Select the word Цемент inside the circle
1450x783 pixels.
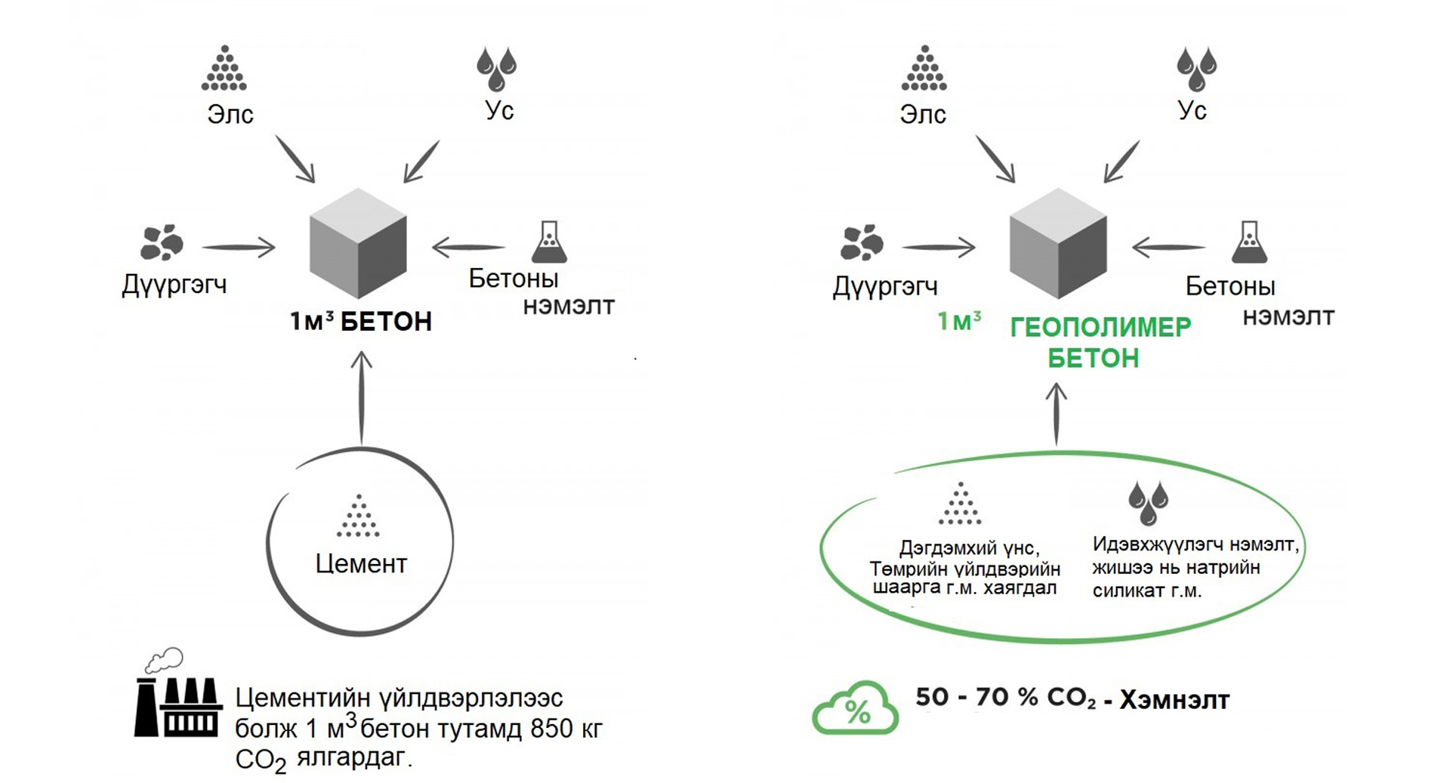361,563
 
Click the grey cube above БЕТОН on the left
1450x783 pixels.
358,243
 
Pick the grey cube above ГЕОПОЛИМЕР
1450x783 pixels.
1058,243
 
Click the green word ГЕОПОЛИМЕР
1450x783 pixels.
1100,327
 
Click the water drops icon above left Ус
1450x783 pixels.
496,69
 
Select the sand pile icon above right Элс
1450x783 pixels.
924,69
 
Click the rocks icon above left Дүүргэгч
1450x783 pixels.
161,242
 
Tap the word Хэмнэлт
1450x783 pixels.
1174,700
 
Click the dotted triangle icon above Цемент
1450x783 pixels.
358,516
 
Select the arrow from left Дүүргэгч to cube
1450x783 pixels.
239,247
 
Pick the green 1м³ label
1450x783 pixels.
959,321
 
